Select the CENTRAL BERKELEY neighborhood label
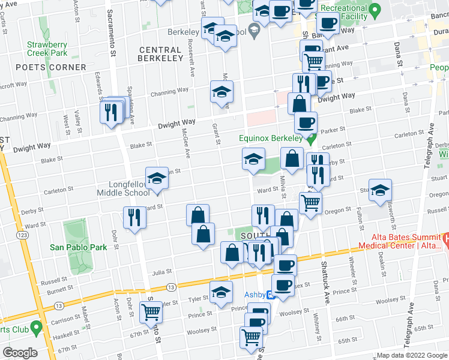pyautogui.click(x=160, y=54)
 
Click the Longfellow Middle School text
pyautogui.click(x=125, y=188)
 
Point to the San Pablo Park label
pyautogui.click(x=78, y=247)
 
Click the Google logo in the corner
pyautogui.click(x=19, y=353)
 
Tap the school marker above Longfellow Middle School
pyautogui.click(x=157, y=178)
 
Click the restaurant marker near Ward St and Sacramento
pyautogui.click(x=134, y=217)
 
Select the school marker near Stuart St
pyautogui.click(x=380, y=190)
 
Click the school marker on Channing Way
pyautogui.click(x=221, y=92)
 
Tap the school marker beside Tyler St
pyautogui.click(x=221, y=292)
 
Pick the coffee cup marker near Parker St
pyautogui.click(x=306, y=123)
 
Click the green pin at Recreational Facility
pyautogui.click(x=375, y=10)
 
